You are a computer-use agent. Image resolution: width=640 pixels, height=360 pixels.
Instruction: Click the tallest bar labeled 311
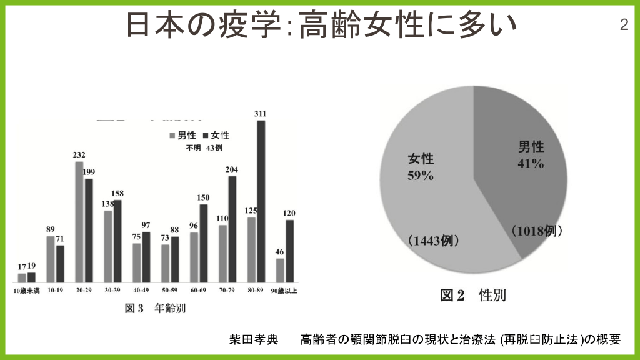tap(261, 200)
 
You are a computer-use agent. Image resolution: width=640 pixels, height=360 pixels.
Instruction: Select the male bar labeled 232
tap(79, 221)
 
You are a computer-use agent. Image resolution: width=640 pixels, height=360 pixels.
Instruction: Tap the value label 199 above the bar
tap(89, 172)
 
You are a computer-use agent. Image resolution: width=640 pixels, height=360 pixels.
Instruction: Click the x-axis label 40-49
tap(142, 291)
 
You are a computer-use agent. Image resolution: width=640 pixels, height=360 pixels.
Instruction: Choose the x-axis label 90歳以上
tap(285, 291)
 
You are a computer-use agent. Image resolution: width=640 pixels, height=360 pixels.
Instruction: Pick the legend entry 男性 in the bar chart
tap(182, 135)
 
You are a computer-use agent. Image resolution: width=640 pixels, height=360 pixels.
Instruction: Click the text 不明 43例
tap(203, 148)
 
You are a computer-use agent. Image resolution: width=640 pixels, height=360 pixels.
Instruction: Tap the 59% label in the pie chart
tap(420, 176)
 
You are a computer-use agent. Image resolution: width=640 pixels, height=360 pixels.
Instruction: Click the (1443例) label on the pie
tap(433, 241)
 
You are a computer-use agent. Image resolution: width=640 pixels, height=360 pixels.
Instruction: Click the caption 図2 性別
tap(473, 295)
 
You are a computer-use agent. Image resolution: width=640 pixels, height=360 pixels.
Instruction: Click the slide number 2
tap(624, 25)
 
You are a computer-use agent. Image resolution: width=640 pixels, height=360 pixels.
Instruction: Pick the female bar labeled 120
tap(290, 250)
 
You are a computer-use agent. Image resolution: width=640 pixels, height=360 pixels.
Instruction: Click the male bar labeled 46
tap(280, 269)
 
